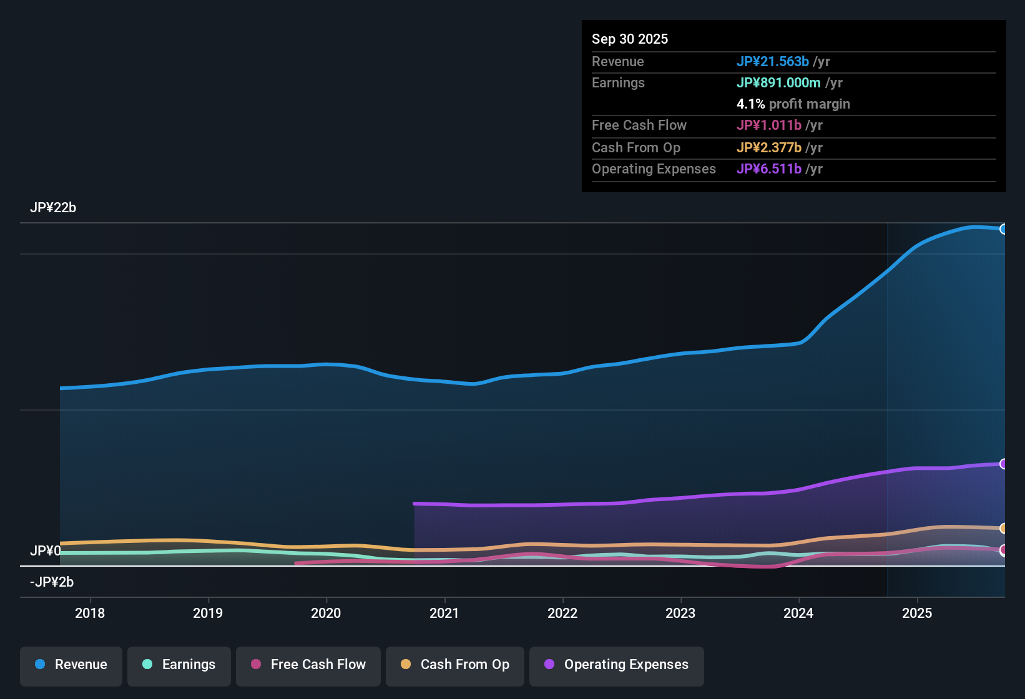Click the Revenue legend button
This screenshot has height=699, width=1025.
(x=71, y=665)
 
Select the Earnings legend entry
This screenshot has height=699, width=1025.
(x=179, y=665)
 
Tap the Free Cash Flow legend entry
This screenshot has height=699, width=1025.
(x=308, y=665)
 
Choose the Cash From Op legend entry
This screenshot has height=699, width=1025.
(x=455, y=665)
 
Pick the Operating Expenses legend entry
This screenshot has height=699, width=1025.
(x=617, y=665)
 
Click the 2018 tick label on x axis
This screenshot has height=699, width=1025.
(x=90, y=613)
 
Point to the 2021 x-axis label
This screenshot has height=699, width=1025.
(x=444, y=613)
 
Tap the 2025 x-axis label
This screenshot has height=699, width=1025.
(x=917, y=613)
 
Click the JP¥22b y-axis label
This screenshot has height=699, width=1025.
(x=53, y=208)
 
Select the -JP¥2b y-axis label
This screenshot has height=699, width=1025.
(x=52, y=582)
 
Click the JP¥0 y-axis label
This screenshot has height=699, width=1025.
(x=46, y=551)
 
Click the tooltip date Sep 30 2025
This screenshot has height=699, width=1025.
(x=630, y=39)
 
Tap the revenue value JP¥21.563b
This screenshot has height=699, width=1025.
(x=773, y=62)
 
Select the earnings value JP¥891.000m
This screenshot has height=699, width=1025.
(x=778, y=83)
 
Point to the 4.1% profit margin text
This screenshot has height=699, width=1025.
(x=793, y=104)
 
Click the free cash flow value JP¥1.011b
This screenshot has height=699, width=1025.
(x=769, y=125)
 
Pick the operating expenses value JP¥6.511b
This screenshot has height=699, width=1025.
(x=769, y=169)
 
